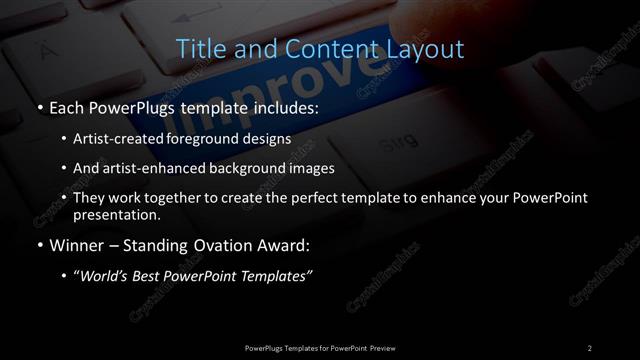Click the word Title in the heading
pyautogui.click(x=200, y=47)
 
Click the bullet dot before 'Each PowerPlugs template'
pyautogui.click(x=38, y=106)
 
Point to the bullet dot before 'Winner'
pyautogui.click(x=38, y=243)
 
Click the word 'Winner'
pyautogui.click(x=78, y=243)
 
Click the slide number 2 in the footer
pyautogui.click(x=589, y=347)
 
